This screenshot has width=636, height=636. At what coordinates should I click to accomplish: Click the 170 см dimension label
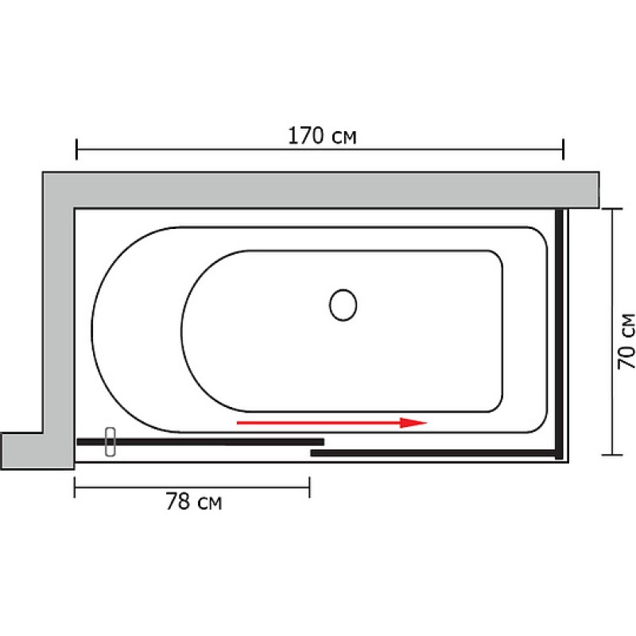[322, 136]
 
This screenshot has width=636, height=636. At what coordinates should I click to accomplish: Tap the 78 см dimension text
[194, 502]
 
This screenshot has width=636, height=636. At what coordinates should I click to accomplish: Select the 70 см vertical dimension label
[626, 341]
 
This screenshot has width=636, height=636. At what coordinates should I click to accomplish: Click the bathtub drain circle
[343, 305]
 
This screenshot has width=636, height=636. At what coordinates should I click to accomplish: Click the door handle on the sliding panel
[111, 442]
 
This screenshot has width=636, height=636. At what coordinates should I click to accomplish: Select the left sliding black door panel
[200, 442]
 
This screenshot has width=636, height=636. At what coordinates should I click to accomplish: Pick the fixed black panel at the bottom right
[433, 452]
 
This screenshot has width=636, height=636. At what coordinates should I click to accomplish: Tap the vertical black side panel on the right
[559, 334]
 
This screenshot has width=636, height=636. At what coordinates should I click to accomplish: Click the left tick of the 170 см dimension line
[76, 149]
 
